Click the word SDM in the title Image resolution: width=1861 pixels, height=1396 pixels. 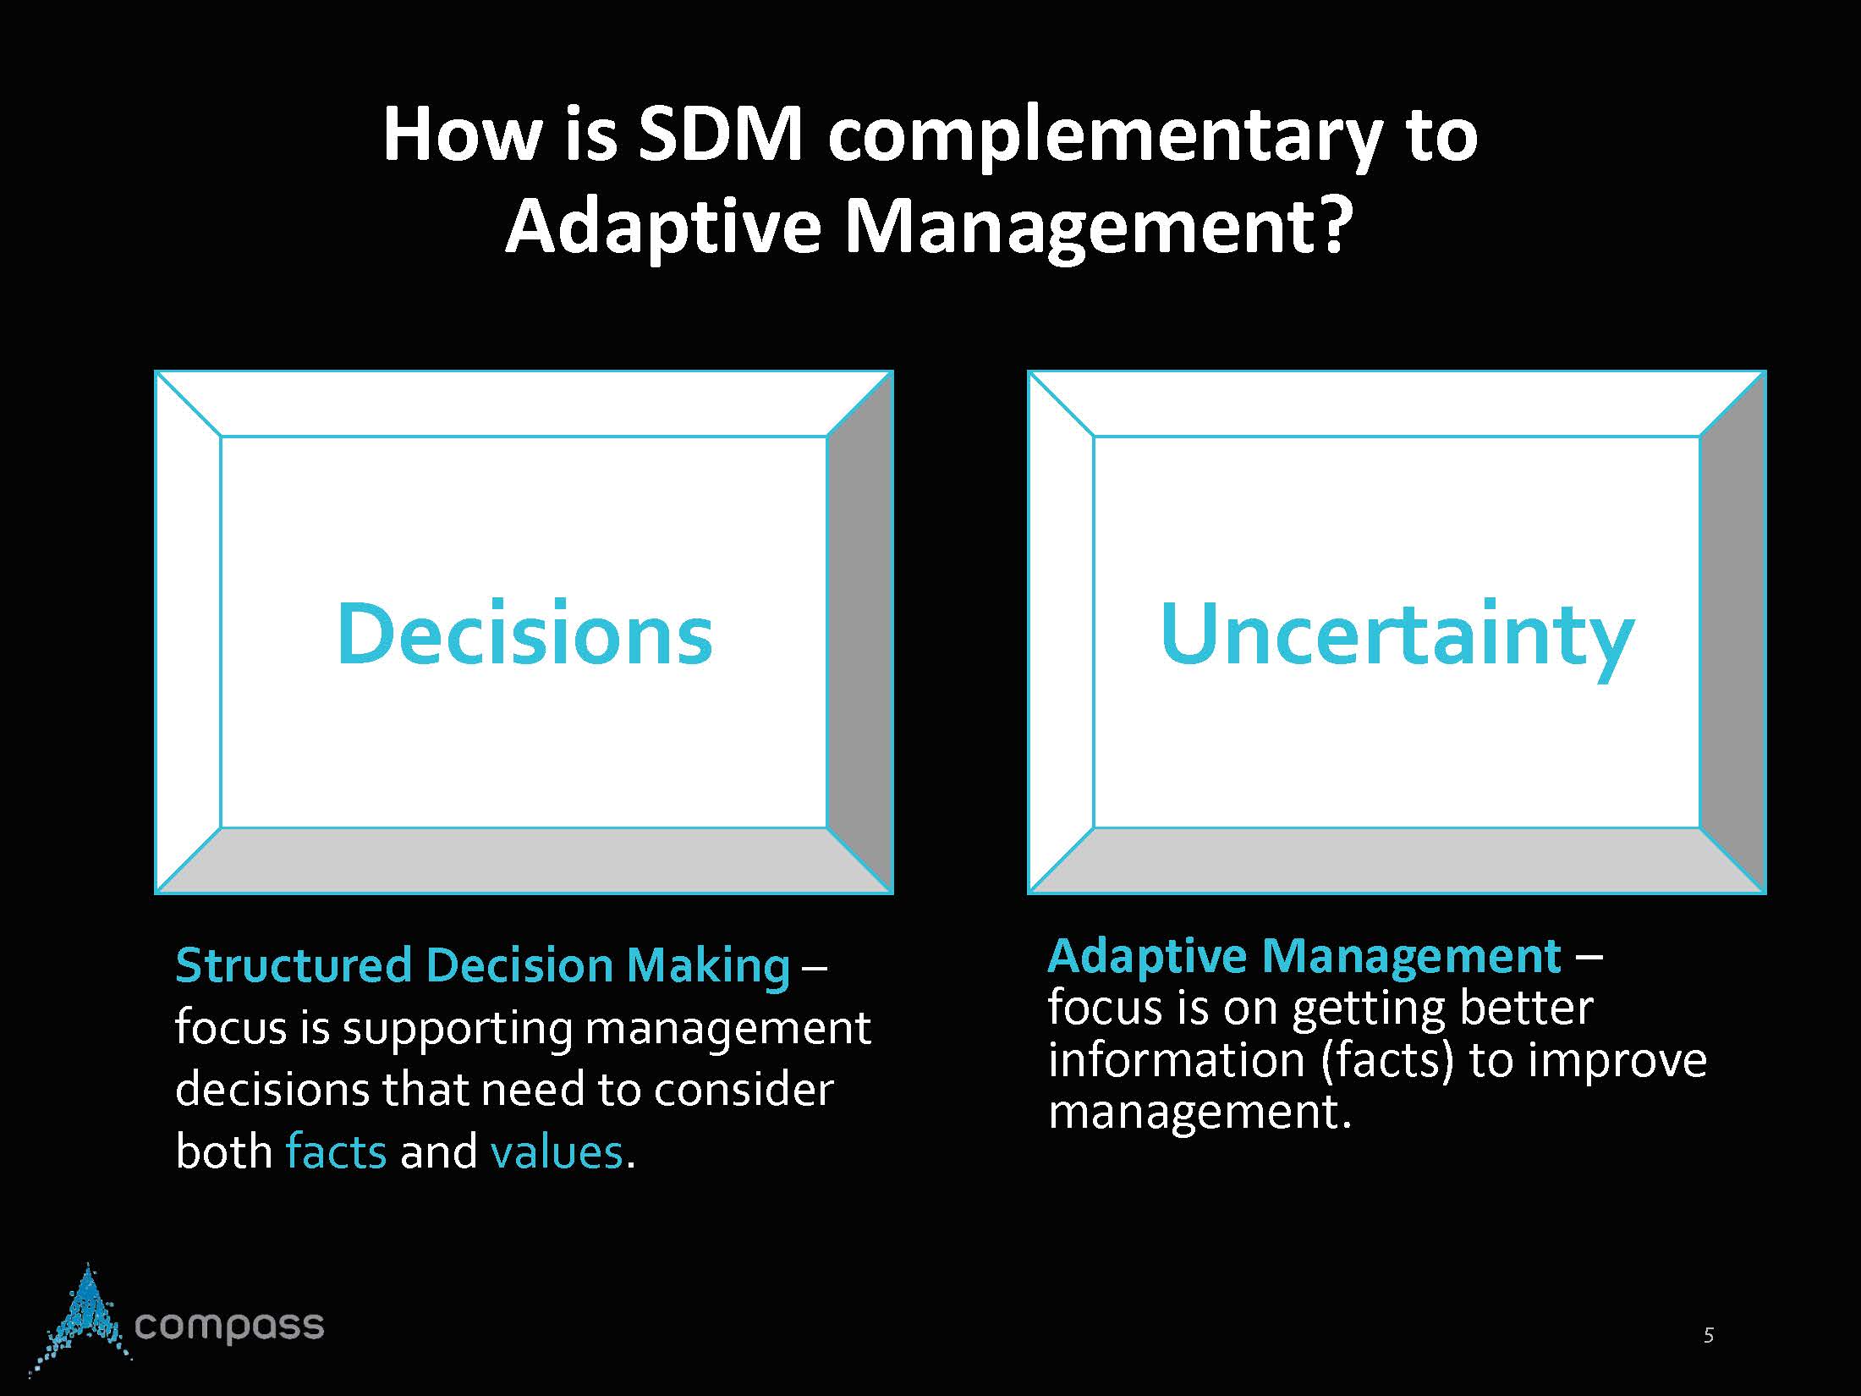(719, 135)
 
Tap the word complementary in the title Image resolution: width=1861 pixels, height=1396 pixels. (1105, 140)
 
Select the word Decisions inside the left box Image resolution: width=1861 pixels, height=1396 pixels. (524, 635)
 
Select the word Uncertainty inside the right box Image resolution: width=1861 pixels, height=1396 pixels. (1397, 636)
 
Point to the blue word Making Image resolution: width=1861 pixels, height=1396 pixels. (709, 967)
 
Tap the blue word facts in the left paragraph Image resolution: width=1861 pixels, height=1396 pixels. (336, 1151)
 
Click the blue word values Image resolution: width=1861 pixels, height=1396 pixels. (557, 1151)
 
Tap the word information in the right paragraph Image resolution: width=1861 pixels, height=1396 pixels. (1177, 1060)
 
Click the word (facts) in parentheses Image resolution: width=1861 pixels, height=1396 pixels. (1387, 1061)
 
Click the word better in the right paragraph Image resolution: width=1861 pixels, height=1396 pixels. (1527, 1008)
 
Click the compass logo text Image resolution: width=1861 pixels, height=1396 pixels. (229, 1325)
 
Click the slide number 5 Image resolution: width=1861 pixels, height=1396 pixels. (1709, 1335)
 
